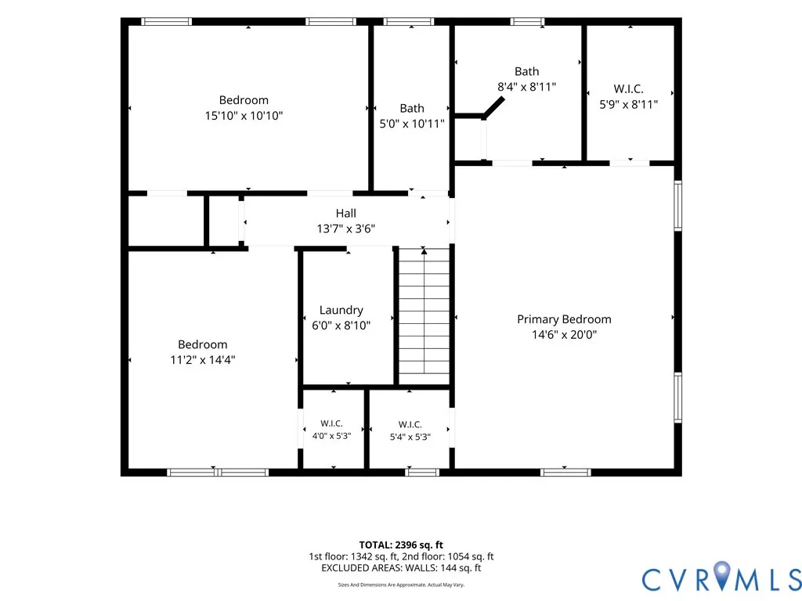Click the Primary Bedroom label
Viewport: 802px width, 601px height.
pyautogui.click(x=564, y=319)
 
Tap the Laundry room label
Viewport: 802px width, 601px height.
pyautogui.click(x=341, y=310)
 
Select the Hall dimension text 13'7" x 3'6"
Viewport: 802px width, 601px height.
pyautogui.click(x=345, y=229)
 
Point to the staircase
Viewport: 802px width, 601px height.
pyautogui.click(x=424, y=316)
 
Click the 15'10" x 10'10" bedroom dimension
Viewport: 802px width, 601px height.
pyautogui.click(x=244, y=116)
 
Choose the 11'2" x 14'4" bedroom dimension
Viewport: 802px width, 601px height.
pyautogui.click(x=203, y=360)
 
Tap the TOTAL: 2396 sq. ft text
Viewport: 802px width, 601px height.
pyautogui.click(x=401, y=545)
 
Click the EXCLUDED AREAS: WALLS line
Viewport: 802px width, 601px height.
pyautogui.click(x=401, y=568)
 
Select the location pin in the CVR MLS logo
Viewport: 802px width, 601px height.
pyautogui.click(x=721, y=574)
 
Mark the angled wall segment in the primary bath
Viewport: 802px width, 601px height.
pyautogui.click(x=494, y=107)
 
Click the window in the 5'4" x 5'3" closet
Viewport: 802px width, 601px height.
pyautogui.click(x=422, y=472)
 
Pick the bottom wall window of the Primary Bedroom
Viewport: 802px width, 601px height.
pyautogui.click(x=565, y=472)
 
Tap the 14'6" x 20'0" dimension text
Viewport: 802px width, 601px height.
pyautogui.click(x=564, y=335)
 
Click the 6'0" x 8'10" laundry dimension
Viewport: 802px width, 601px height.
pyautogui.click(x=341, y=326)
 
